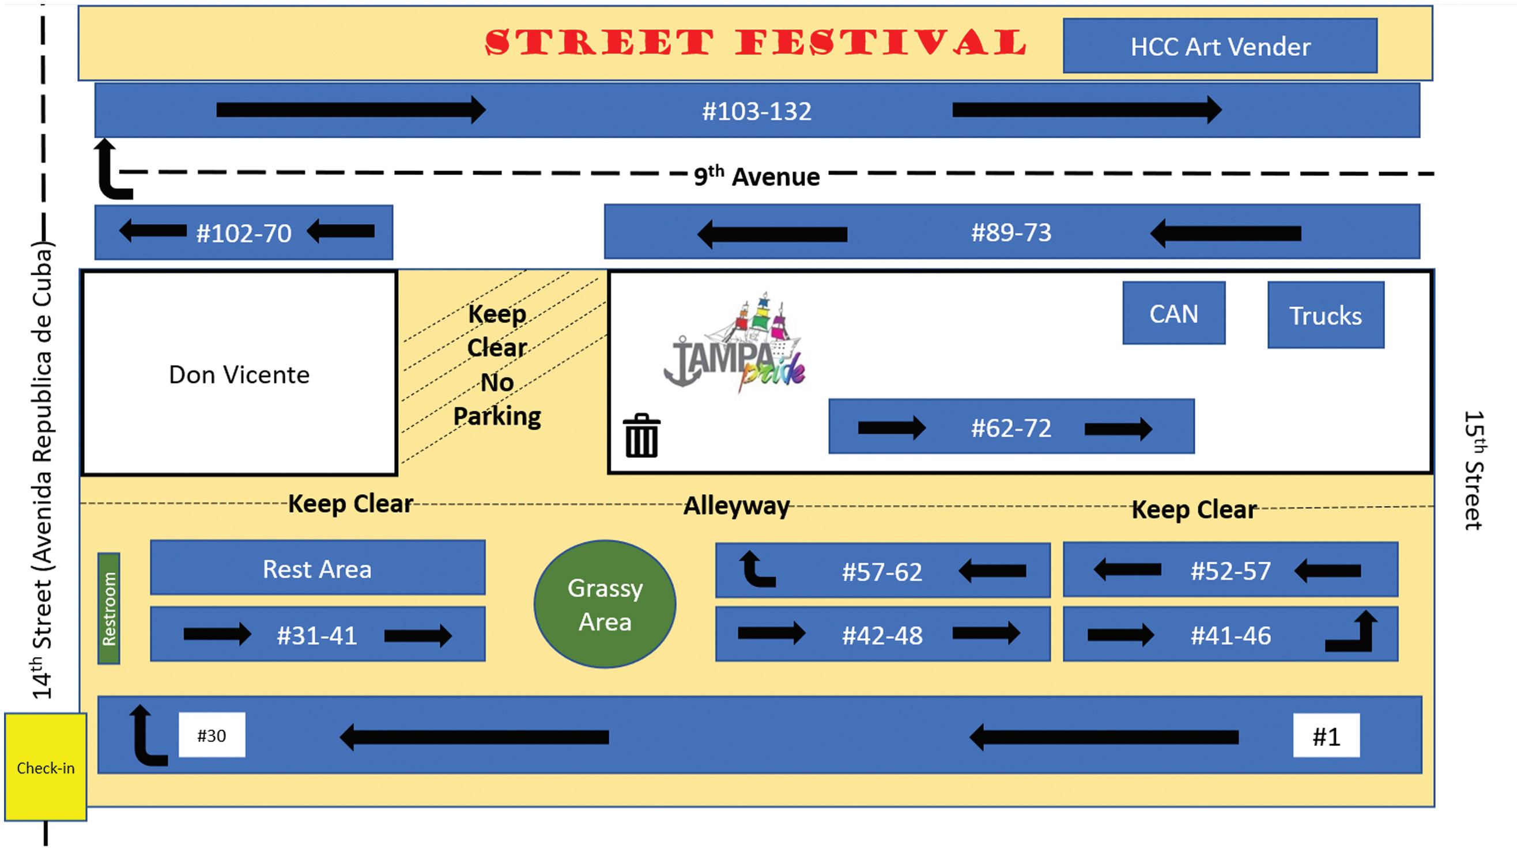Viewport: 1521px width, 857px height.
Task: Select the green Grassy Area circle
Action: click(x=605, y=604)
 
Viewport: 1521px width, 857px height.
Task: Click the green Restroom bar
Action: click(x=108, y=608)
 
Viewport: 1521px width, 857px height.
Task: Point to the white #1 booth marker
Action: click(x=1326, y=735)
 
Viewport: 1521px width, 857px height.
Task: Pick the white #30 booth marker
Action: click(x=212, y=735)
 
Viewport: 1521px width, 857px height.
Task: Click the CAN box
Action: click(x=1173, y=313)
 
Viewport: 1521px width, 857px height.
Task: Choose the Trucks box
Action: click(x=1326, y=315)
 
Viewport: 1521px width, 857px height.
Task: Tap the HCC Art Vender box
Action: click(x=1220, y=46)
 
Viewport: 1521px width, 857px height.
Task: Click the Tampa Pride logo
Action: click(x=735, y=346)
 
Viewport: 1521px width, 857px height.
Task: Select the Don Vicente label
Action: click(x=239, y=375)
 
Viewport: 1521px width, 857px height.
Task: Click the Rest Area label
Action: click(x=317, y=569)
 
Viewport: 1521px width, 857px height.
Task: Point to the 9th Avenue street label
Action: click(x=756, y=176)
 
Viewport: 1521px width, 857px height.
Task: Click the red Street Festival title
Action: click(x=756, y=43)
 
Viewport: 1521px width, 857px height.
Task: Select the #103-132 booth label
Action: click(x=756, y=111)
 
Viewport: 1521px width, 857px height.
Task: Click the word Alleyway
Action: click(x=736, y=506)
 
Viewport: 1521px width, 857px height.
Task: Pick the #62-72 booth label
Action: click(x=1011, y=428)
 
